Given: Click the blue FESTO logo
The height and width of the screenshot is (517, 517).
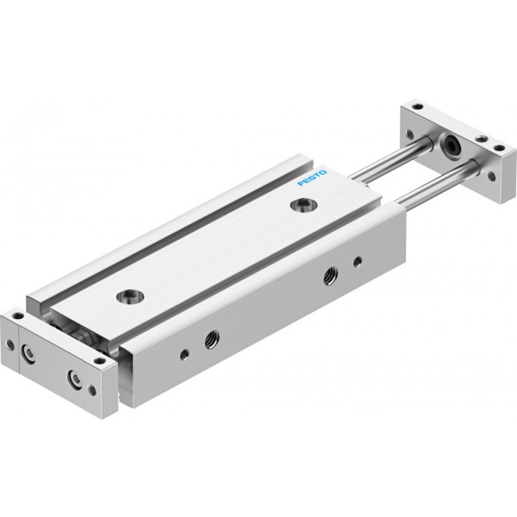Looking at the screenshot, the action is [312, 178].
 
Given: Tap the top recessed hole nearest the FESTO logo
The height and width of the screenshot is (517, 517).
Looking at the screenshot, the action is [303, 205].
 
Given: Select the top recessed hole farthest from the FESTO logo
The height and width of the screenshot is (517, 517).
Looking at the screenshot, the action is [130, 296].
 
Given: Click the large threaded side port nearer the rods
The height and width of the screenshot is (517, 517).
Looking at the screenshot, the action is [330, 276].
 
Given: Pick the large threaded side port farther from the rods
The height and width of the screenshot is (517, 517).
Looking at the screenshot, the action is [211, 339].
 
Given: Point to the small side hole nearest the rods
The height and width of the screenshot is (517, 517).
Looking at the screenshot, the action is [358, 262].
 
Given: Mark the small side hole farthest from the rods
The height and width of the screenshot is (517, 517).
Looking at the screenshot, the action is [184, 355].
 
